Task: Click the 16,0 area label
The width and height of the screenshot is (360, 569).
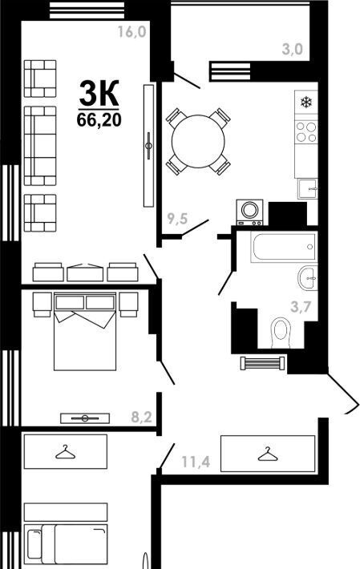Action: coord(131,32)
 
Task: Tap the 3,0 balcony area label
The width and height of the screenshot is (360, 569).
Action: coord(292,49)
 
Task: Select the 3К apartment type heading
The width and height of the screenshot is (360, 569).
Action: coord(99,93)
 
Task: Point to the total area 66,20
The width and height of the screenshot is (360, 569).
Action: coord(99,119)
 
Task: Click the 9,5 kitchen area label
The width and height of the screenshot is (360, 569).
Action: coord(177,219)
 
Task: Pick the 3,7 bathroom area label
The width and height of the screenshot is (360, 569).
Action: coord(301,308)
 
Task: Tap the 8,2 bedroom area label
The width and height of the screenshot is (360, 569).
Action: coord(142,418)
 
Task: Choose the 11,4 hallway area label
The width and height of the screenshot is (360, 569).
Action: coord(196,462)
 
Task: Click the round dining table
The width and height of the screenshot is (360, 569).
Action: coord(198,142)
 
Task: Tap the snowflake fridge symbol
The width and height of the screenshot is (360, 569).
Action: coord(306,102)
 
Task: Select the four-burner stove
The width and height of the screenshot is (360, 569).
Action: coord(306,131)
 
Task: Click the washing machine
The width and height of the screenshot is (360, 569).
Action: coord(249,212)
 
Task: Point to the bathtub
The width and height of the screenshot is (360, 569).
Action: coord(283,247)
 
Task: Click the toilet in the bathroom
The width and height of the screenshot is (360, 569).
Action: coord(281,333)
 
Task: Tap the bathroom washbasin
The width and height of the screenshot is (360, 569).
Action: coord(308,277)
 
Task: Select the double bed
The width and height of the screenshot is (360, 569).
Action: coord(85,331)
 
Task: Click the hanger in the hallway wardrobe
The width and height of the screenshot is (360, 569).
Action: coord(268,454)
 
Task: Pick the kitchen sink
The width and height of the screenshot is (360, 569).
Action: coord(307,188)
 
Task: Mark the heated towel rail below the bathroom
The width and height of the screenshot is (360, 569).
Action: coord(262,363)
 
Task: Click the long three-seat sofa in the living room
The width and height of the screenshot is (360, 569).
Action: coord(40,146)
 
